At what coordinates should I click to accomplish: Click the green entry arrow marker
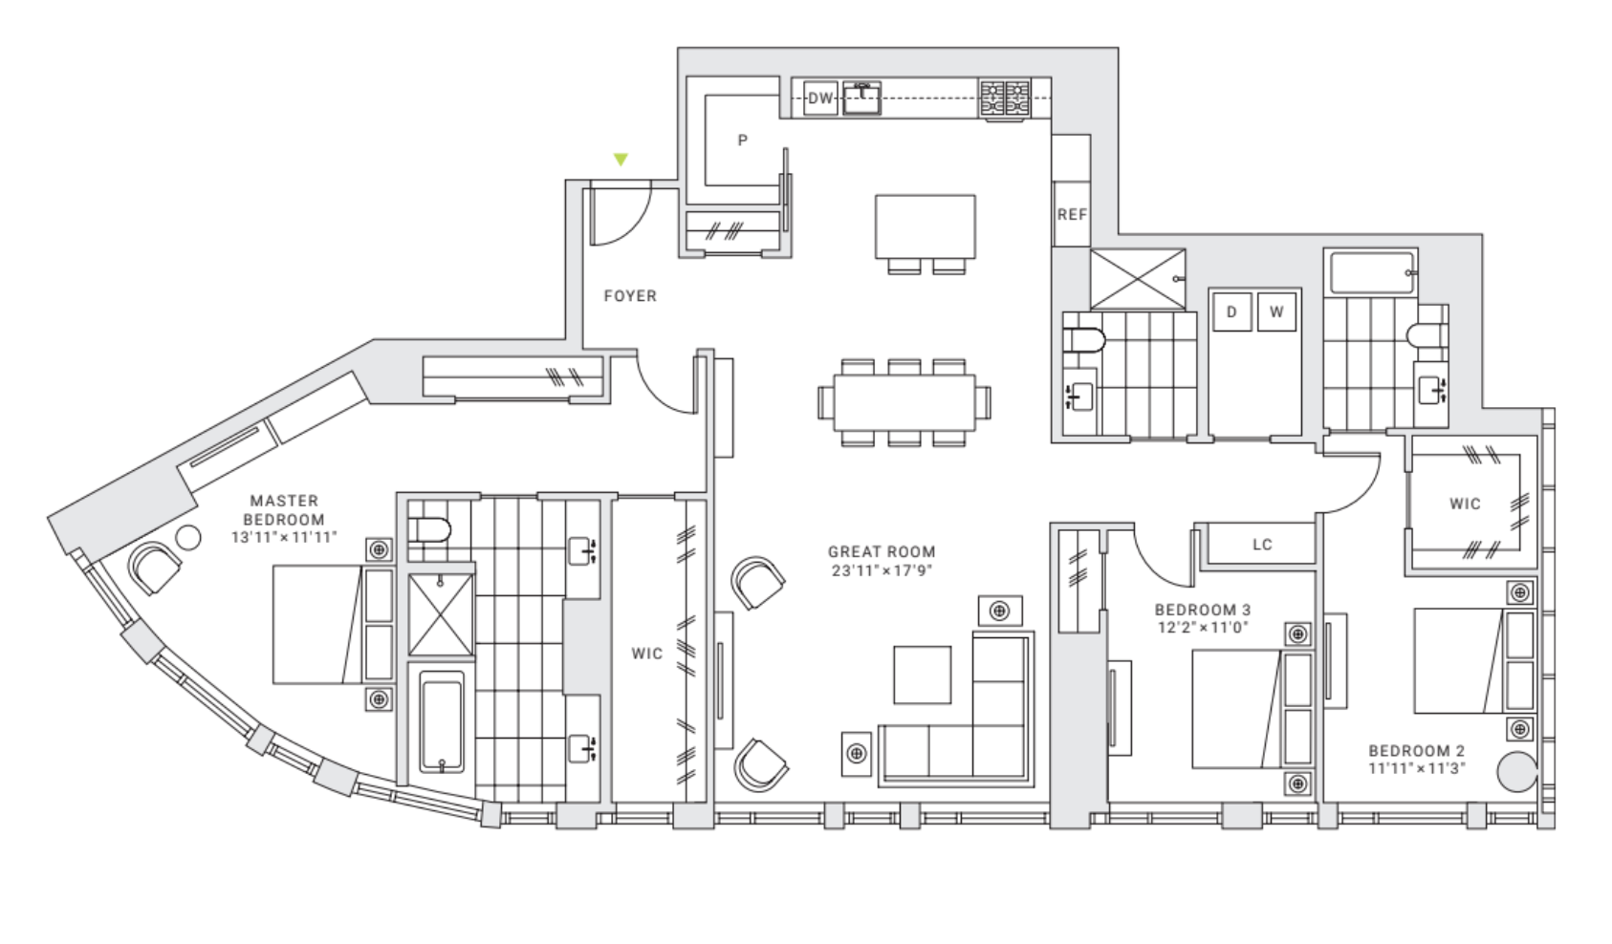pos(621,160)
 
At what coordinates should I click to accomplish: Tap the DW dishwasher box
pos(820,98)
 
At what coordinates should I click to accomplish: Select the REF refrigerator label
pos(1072,215)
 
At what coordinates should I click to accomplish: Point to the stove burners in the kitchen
pos(1005,99)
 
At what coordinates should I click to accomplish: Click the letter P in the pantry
pos(743,140)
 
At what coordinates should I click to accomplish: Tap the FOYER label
pos(630,296)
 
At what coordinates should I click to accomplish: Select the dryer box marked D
pos(1231,311)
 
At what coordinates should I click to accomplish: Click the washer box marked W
pos(1275,311)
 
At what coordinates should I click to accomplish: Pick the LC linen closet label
pos(1262,545)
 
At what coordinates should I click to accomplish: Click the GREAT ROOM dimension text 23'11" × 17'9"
pos(882,571)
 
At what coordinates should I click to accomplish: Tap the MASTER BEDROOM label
pos(284,510)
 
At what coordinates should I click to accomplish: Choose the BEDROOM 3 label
pos(1202,610)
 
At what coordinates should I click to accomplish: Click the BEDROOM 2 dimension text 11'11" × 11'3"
pos(1416,768)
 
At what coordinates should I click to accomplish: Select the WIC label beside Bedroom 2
pos(1464,504)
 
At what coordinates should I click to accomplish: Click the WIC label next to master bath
pos(646,654)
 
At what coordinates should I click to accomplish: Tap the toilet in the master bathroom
pos(429,530)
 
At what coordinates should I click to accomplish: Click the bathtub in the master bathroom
pos(442,721)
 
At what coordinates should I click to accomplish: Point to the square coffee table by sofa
pos(922,675)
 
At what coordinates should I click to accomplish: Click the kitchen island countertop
pos(925,225)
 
